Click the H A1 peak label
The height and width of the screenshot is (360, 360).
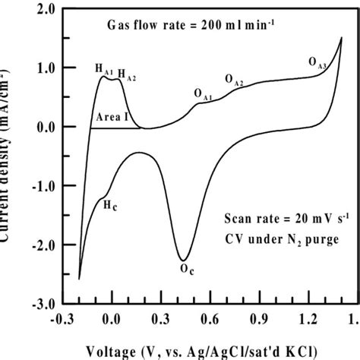[104, 69]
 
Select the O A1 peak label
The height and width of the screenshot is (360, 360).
[203, 94]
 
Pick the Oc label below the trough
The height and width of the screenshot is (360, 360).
[186, 268]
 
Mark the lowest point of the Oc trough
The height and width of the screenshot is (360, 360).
[183, 260]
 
